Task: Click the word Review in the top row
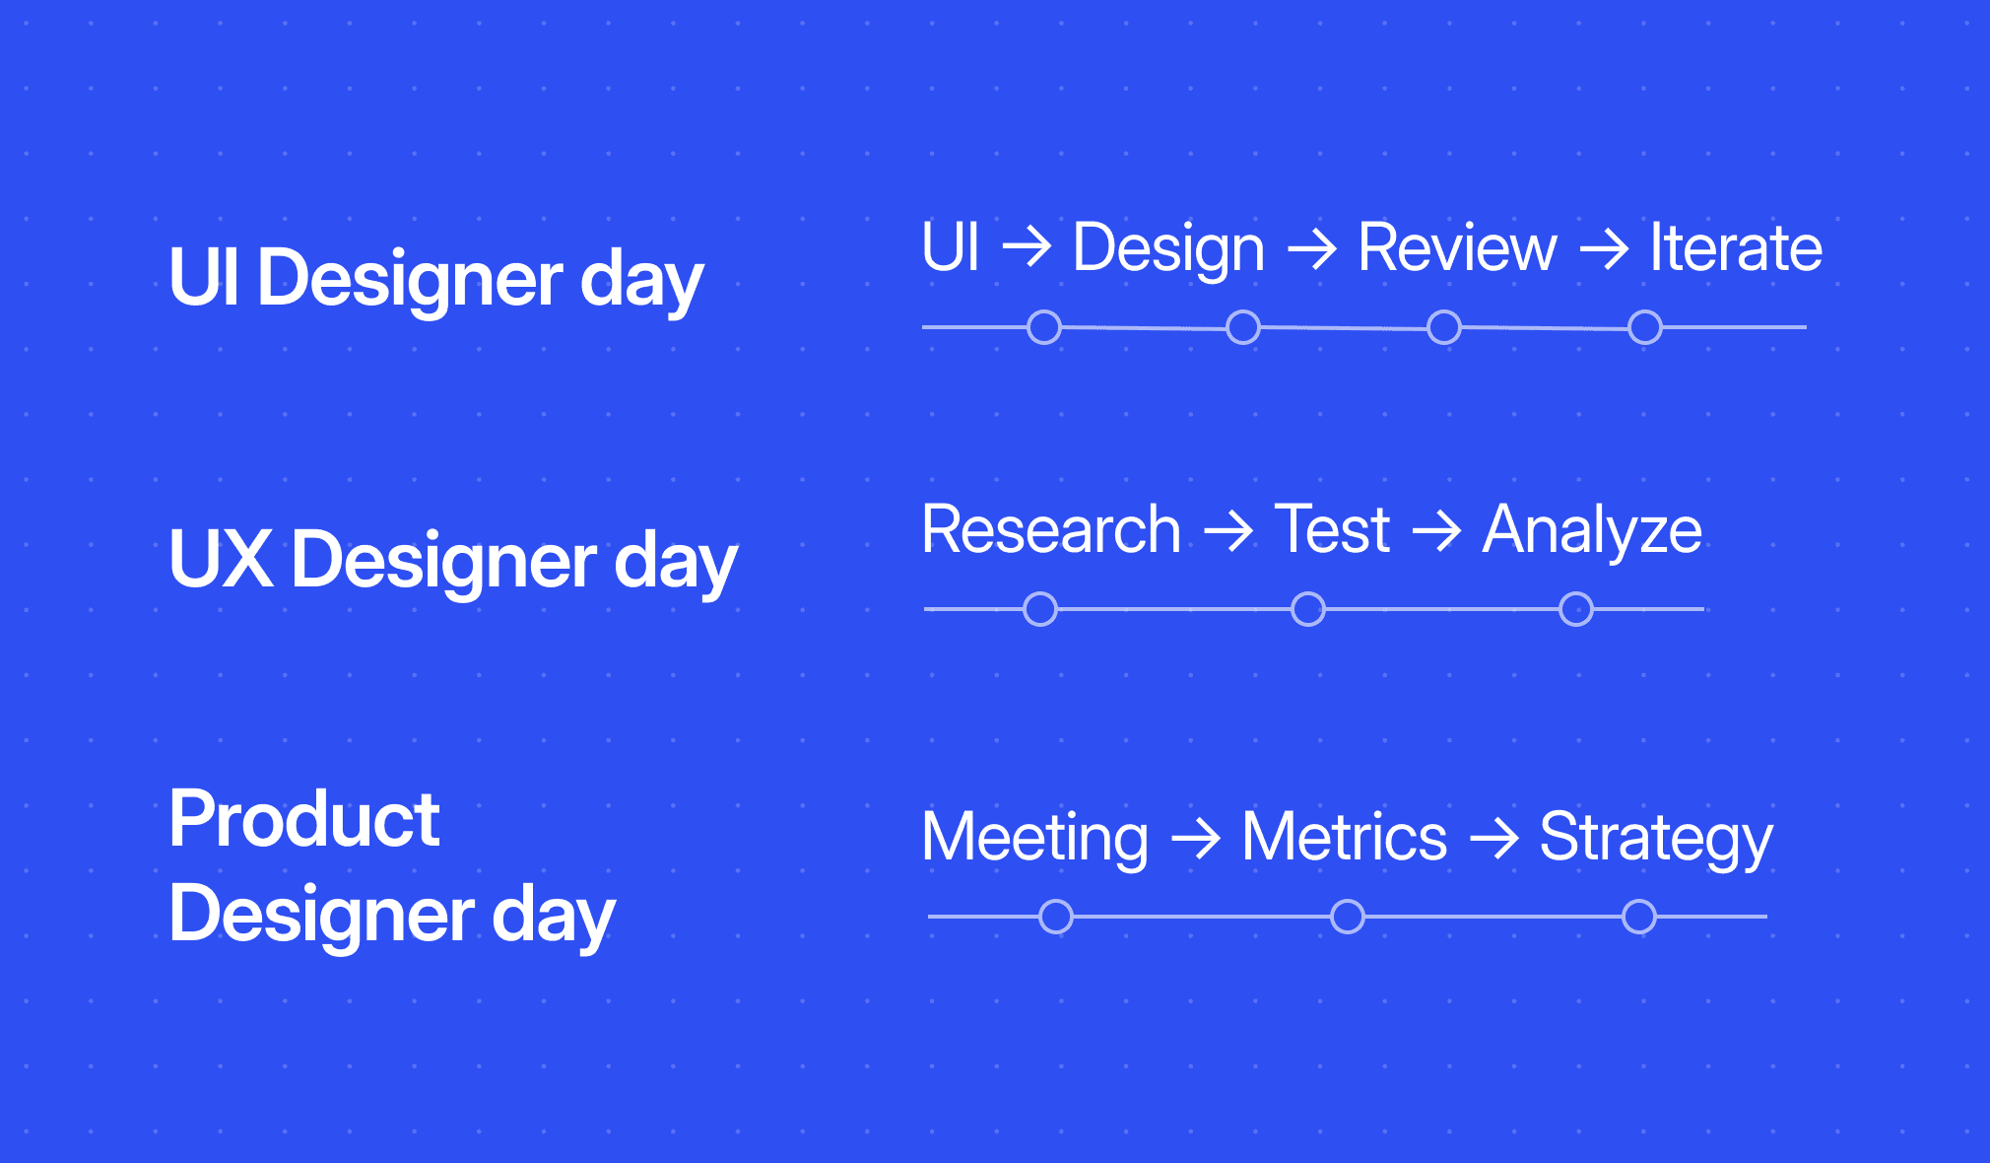(x=1456, y=247)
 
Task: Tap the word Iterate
(x=1735, y=247)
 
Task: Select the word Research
(x=1050, y=530)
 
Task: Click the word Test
(x=1332, y=530)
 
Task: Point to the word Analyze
(x=1592, y=532)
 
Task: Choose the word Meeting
(x=1034, y=839)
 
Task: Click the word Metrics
(x=1344, y=838)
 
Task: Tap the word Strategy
(x=1655, y=840)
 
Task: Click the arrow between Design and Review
(x=1311, y=249)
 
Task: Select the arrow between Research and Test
(x=1228, y=532)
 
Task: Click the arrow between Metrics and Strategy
(x=1493, y=840)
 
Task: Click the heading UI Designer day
(x=435, y=279)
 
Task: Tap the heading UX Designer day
(x=452, y=561)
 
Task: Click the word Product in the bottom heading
(x=303, y=820)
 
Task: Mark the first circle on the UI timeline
(x=1044, y=327)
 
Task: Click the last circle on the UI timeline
(x=1644, y=327)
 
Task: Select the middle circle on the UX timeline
(x=1308, y=609)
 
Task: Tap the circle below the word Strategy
(x=1639, y=917)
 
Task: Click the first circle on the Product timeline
(x=1056, y=917)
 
